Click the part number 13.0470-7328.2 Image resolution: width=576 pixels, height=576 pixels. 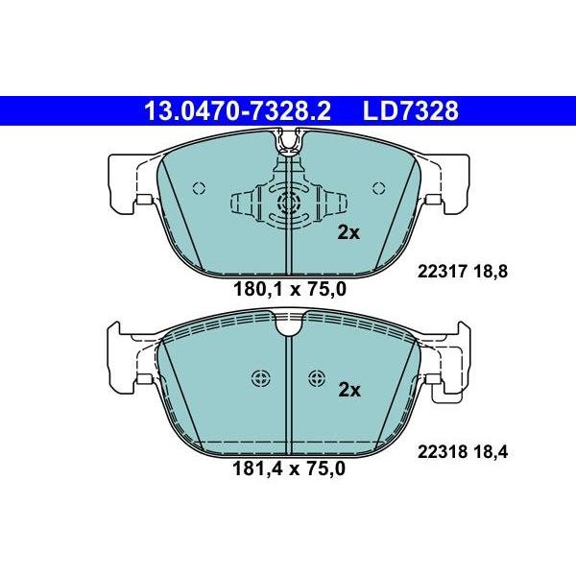click(x=238, y=111)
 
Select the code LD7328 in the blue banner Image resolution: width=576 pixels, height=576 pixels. click(x=411, y=111)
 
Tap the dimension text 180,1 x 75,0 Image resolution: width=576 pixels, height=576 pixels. click(x=290, y=290)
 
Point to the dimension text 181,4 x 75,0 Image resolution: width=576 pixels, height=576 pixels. click(x=289, y=468)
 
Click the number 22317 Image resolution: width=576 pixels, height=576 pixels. click(x=443, y=272)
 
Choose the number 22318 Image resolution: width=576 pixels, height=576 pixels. click(x=443, y=452)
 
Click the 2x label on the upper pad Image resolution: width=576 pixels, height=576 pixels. click(x=348, y=232)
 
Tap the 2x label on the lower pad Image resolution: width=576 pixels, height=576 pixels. click(x=349, y=390)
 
